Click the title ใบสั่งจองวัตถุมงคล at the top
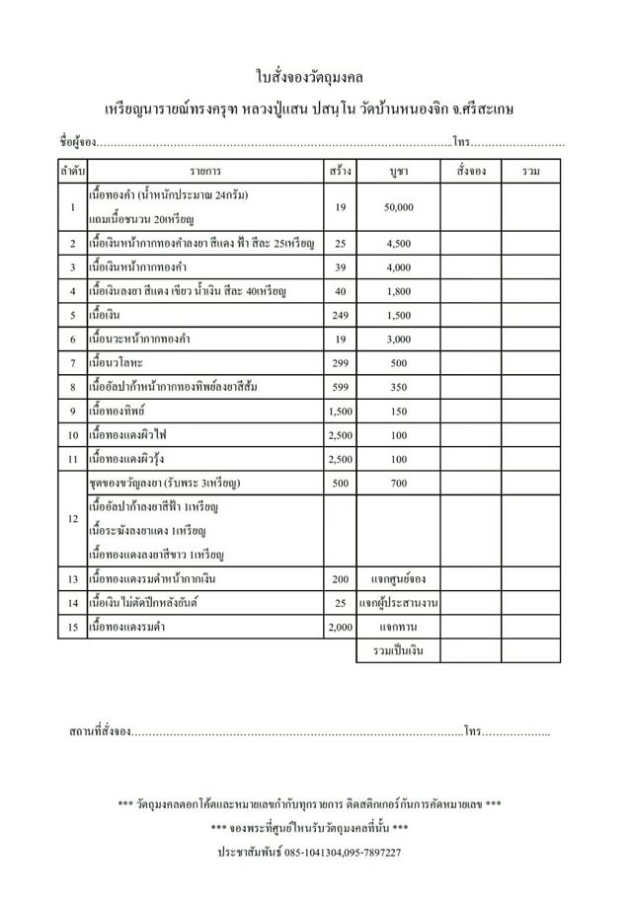pos(316,76)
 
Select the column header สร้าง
pos(341,172)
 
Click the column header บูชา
pos(399,172)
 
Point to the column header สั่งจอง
pos(472,172)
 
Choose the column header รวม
pos(532,172)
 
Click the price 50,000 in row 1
pos(399,207)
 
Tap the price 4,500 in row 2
pos(399,243)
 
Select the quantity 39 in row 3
pos(341,267)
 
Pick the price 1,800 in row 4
pos(399,292)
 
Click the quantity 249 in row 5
pos(341,316)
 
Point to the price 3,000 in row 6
pos(399,339)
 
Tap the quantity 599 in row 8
pos(341,387)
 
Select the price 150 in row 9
pos(399,411)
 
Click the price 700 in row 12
pos(399,484)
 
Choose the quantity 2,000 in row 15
pos(341,627)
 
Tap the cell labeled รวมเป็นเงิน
pos(399,651)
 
